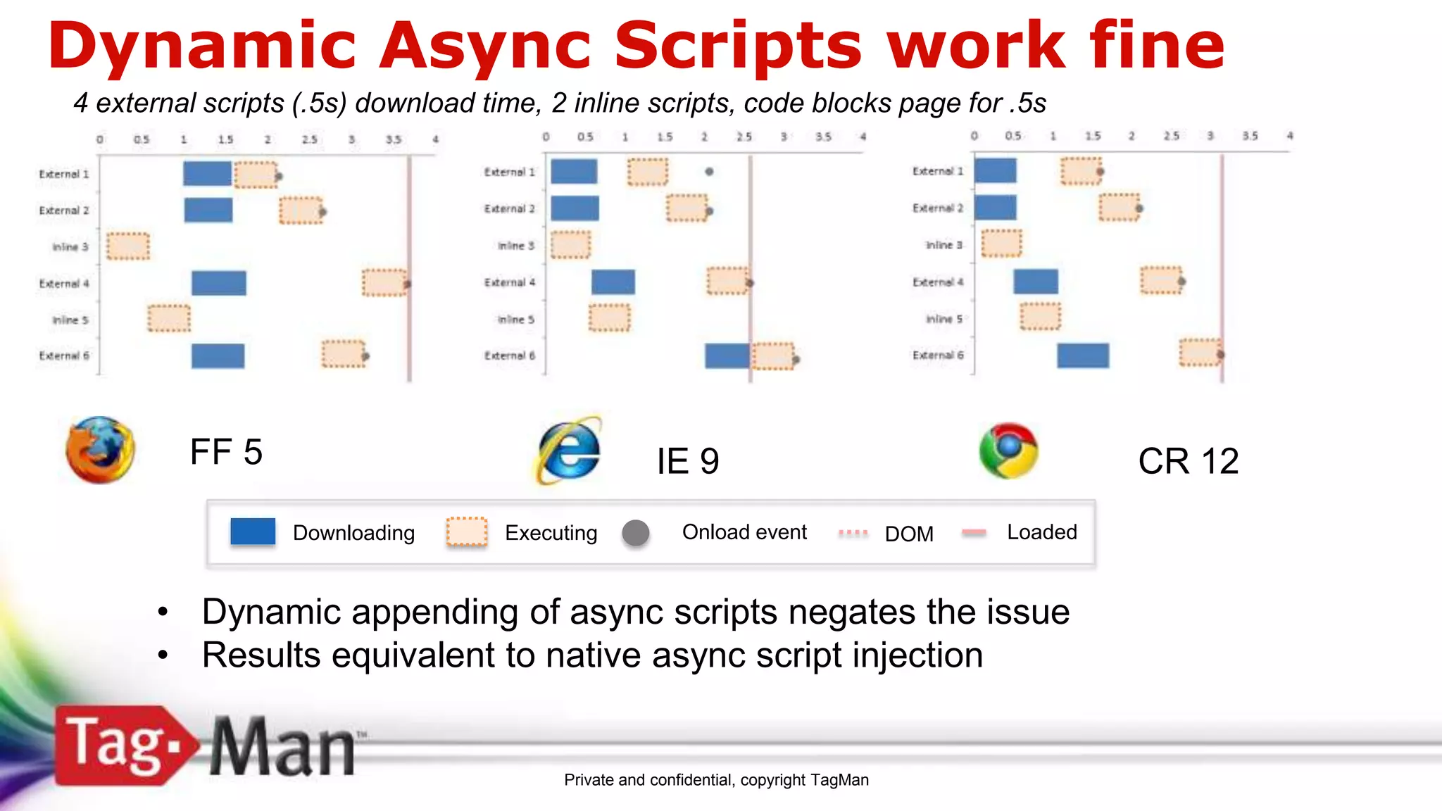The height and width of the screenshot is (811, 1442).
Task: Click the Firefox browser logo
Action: (x=100, y=450)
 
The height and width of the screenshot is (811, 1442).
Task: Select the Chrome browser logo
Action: (x=1008, y=451)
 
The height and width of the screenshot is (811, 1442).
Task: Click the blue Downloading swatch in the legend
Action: (x=253, y=532)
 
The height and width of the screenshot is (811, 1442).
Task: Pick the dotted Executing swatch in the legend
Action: (x=466, y=532)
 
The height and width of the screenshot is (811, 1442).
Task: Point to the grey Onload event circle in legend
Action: (x=636, y=533)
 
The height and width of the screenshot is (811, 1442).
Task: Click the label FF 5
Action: (x=226, y=452)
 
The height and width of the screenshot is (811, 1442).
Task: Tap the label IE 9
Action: (x=688, y=461)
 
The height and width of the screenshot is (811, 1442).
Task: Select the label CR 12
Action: (x=1189, y=461)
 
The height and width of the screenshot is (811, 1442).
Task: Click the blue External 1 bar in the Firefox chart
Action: (x=207, y=173)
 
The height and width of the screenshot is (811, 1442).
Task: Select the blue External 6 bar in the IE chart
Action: (x=727, y=356)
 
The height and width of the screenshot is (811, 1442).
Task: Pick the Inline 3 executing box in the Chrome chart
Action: (x=1001, y=244)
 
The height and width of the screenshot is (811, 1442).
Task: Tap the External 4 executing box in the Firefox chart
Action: (x=384, y=283)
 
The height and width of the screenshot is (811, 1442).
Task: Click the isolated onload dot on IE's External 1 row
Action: (x=709, y=171)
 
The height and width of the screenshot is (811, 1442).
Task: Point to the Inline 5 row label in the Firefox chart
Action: (x=70, y=320)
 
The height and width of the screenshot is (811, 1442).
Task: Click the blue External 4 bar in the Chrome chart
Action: (x=1036, y=282)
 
